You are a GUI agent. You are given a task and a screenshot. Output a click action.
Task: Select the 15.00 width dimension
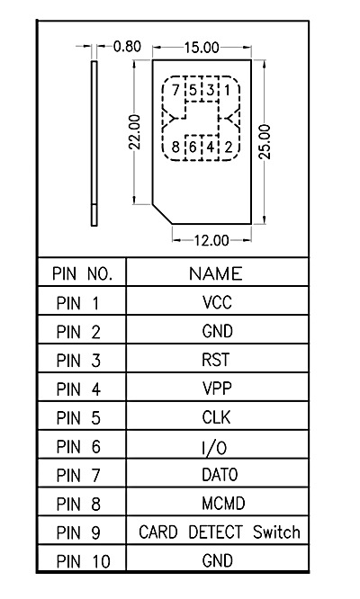[202, 46]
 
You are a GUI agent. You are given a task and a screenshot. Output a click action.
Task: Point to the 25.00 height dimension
[265, 141]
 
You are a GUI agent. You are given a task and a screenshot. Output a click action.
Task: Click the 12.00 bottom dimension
[211, 239]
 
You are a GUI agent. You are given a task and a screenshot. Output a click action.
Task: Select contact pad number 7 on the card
[175, 90]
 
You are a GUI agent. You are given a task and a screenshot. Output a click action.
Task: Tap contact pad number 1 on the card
[228, 90]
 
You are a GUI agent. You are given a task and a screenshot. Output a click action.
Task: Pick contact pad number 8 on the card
[175, 147]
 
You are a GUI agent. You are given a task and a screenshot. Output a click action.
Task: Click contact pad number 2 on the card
[228, 147]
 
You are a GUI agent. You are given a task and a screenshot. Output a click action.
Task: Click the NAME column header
[215, 273]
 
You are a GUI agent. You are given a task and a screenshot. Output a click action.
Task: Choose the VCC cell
[217, 302]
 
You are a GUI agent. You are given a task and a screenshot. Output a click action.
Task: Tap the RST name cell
[216, 360]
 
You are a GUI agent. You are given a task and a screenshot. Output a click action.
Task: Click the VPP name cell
[216, 389]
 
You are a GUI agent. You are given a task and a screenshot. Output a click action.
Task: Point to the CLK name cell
[216, 417]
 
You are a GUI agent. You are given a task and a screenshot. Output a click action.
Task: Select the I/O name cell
[216, 447]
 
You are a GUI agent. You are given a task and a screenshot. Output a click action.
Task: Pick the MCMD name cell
[217, 503]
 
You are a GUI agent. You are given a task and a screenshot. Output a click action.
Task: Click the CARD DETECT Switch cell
[219, 532]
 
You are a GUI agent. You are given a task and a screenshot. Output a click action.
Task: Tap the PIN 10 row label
[83, 561]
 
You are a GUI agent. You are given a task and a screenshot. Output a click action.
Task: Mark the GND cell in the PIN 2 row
[217, 331]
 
